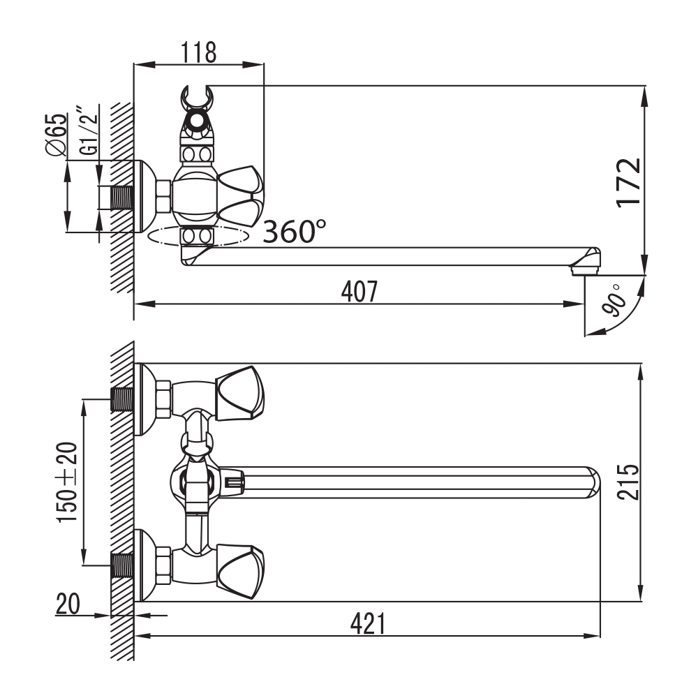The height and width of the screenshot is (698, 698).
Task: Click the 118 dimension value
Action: pyautogui.click(x=198, y=53)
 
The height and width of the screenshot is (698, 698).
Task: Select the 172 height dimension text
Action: pyautogui.click(x=629, y=183)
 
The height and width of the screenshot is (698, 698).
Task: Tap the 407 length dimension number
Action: pyautogui.click(x=359, y=291)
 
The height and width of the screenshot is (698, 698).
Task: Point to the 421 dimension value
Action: pyautogui.click(x=368, y=623)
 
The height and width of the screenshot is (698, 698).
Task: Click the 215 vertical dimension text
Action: pyautogui.click(x=628, y=482)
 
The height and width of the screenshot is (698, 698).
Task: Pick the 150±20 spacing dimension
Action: pyautogui.click(x=67, y=482)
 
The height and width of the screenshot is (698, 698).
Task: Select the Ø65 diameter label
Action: pyautogui.click(x=57, y=135)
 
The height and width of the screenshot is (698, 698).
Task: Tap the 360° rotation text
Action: pyautogui.click(x=295, y=231)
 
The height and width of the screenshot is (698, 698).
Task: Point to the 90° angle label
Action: pyautogui.click(x=612, y=301)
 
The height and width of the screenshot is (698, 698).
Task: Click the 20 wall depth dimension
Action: pyautogui.click(x=68, y=604)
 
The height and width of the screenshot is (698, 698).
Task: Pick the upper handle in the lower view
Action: pyautogui.click(x=239, y=393)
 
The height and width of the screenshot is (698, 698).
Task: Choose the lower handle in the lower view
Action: pyautogui.click(x=239, y=572)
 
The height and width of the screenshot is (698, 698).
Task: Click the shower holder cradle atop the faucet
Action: pyautogui.click(x=197, y=99)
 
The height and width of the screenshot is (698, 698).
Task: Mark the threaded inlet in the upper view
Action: pyautogui.click(x=121, y=198)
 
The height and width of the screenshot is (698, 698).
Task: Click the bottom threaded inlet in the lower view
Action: pyautogui.click(x=121, y=565)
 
